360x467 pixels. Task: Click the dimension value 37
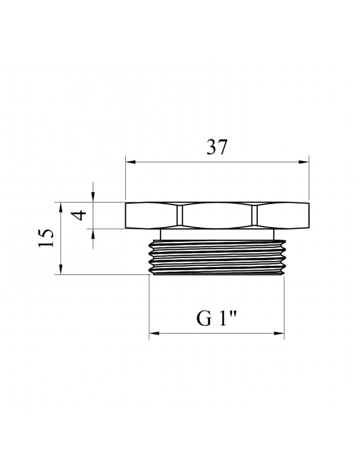(217, 147)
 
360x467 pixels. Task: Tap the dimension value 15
(46, 238)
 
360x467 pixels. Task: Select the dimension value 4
(79, 215)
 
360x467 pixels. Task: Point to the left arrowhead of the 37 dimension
(131, 162)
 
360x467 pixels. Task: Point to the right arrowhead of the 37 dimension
(304, 162)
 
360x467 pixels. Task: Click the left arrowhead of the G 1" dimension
(154, 333)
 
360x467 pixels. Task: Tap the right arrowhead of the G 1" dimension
(279, 333)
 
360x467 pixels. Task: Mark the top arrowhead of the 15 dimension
(61, 208)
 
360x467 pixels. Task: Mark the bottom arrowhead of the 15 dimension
(61, 269)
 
